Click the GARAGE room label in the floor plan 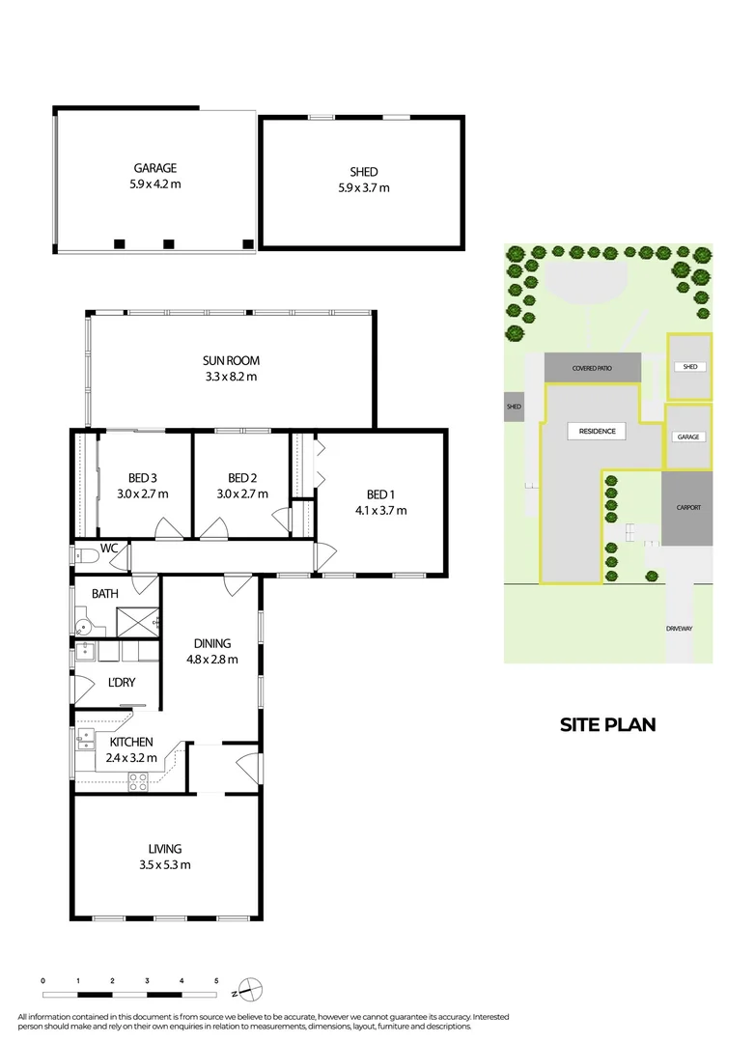tap(154, 167)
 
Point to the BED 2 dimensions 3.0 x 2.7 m tap(240, 493)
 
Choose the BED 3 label tap(142, 477)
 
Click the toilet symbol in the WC tap(86, 554)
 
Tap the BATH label tap(104, 593)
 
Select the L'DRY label tap(122, 683)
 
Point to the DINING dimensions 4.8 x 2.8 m tap(211, 660)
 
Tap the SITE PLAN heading tap(607, 724)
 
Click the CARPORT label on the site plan tap(687, 507)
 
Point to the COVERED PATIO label tap(592, 368)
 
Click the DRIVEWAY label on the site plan tap(680, 629)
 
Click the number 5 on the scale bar tap(216, 980)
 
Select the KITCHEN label tap(130, 742)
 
